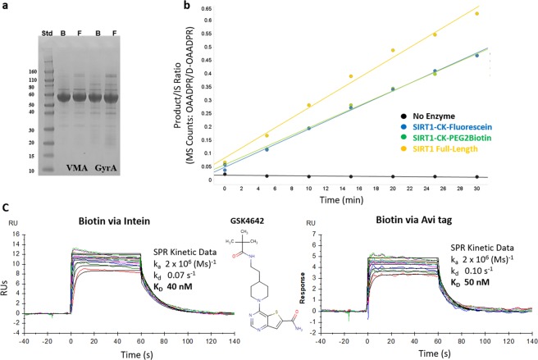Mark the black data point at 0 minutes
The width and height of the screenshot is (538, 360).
tap(226, 174)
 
